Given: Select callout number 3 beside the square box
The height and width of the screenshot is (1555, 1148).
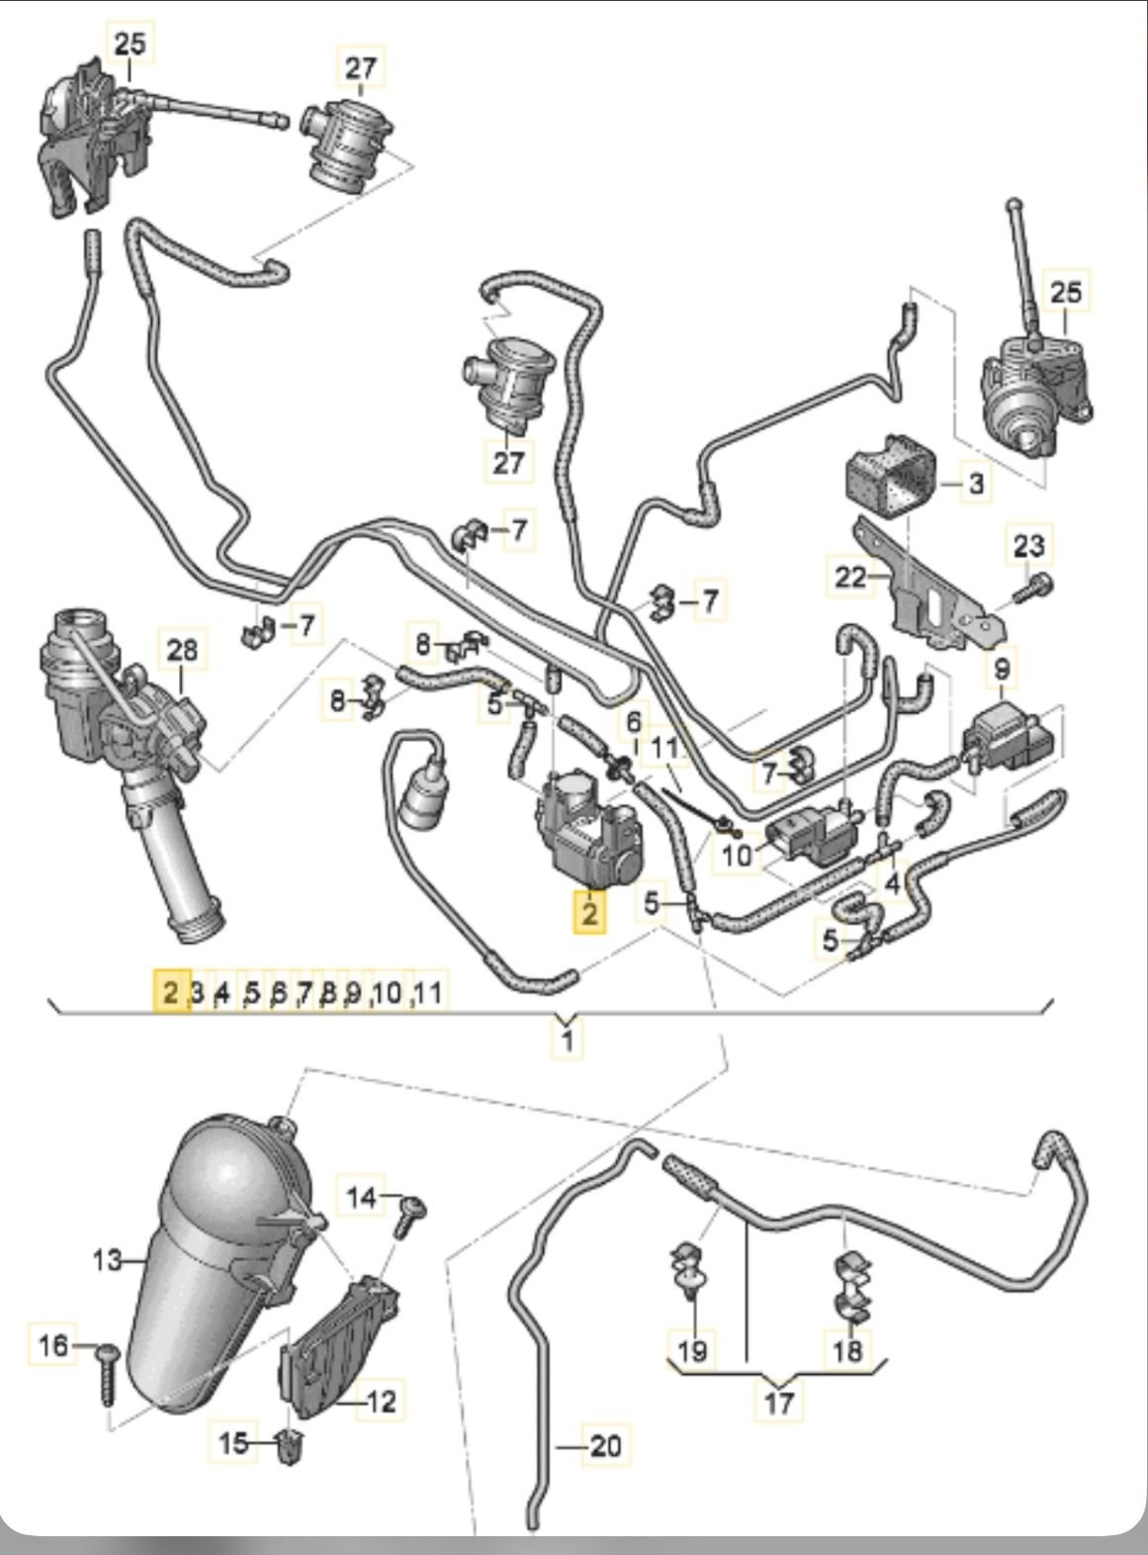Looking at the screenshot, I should pyautogui.click(x=975, y=485).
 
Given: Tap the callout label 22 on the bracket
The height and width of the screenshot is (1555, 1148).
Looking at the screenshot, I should pyautogui.click(x=850, y=577).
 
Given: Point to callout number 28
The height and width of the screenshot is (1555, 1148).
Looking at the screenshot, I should pyautogui.click(x=183, y=650).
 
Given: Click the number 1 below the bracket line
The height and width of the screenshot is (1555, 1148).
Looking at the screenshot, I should pyautogui.click(x=567, y=1041).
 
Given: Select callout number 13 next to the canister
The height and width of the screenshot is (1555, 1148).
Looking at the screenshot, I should pyautogui.click(x=108, y=1260).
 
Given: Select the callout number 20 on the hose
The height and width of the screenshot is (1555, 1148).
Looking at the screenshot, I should pyautogui.click(x=604, y=1446).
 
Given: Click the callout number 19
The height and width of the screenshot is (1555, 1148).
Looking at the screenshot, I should pyautogui.click(x=693, y=1350).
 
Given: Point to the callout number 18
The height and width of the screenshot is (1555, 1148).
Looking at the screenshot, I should pyautogui.click(x=848, y=1350).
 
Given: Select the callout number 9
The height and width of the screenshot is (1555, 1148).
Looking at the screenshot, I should pyautogui.click(x=1002, y=670).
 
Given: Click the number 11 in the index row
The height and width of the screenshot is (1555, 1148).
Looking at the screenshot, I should pyautogui.click(x=427, y=991).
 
